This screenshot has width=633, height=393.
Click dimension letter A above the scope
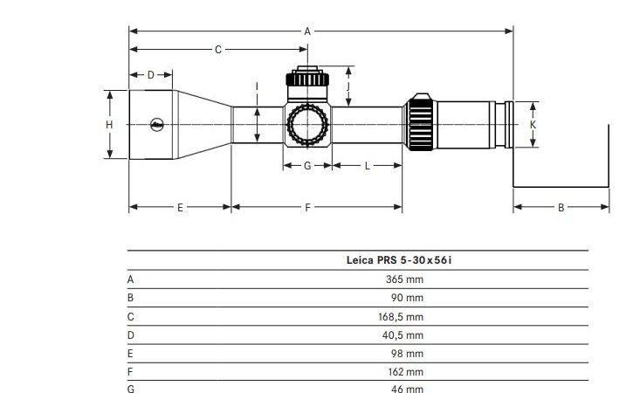pos(307,31)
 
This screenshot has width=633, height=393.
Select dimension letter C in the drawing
pos(218,50)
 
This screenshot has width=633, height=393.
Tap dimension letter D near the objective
pos(150,75)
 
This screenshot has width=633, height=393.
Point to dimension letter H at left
pos(109,125)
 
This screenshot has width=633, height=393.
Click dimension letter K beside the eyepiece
pos(533,125)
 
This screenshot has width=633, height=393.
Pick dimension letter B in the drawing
pos(561,208)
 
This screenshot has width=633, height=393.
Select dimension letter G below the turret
pos(307,166)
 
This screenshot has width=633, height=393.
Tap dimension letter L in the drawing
pos(367,166)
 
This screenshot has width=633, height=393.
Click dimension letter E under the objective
pos(180,208)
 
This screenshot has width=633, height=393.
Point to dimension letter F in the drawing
pos(307,208)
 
